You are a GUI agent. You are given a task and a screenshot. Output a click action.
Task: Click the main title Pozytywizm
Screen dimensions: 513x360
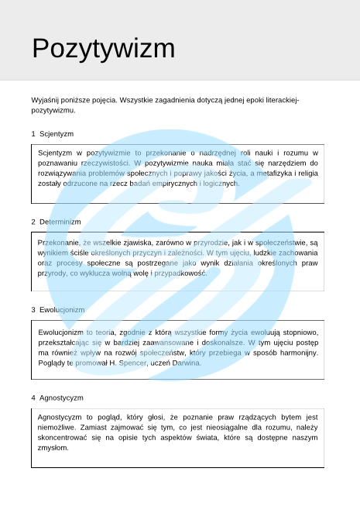coord(103,49)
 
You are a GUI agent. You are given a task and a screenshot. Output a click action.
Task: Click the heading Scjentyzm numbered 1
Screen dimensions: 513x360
coord(57,134)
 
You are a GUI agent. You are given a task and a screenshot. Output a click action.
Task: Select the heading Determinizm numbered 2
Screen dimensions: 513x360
coord(60,222)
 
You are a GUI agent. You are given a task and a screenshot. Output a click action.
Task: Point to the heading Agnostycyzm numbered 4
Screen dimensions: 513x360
coord(61,398)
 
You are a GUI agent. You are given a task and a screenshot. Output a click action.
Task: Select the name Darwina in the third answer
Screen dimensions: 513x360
coord(187,363)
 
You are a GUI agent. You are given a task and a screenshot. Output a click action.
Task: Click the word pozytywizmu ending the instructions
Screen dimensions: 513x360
coord(53,111)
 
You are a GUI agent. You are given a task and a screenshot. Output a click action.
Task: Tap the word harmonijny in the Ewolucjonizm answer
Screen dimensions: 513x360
coord(297,353)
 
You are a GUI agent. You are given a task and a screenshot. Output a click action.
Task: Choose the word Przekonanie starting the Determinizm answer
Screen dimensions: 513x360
coord(59,243)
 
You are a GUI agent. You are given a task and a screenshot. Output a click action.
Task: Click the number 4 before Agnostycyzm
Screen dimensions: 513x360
coord(33,398)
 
